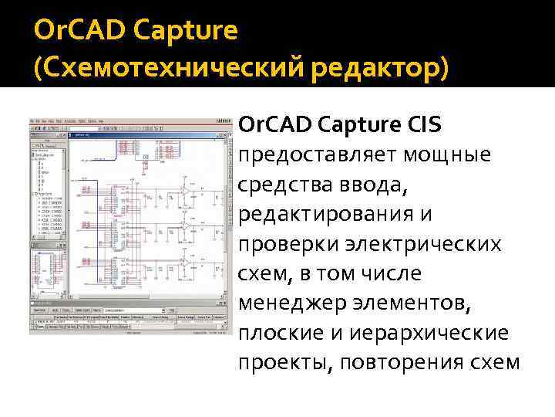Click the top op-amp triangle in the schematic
(x=185, y=189)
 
